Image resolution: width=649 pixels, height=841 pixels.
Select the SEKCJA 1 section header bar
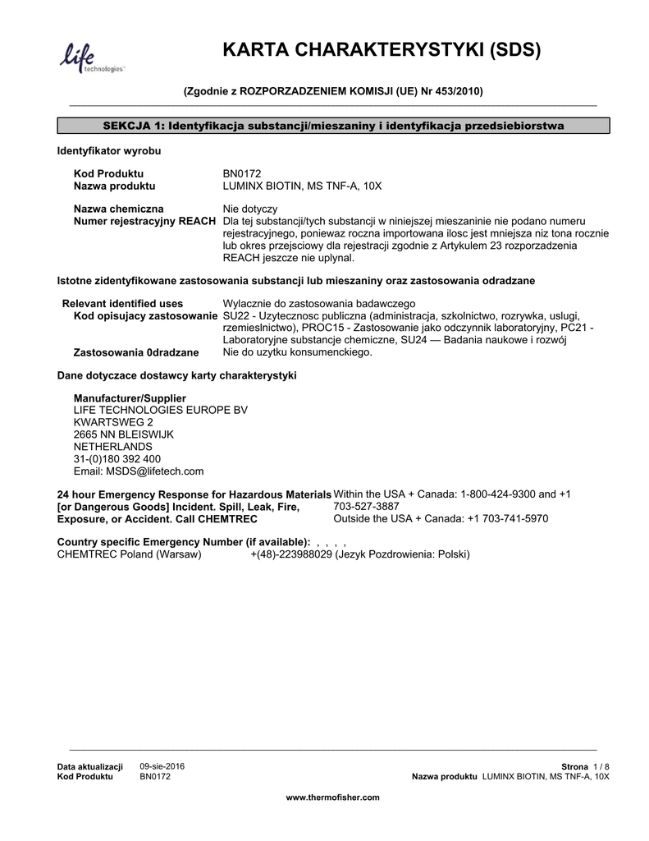pos(333,126)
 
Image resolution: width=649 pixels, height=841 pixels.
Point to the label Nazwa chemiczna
pos(118,209)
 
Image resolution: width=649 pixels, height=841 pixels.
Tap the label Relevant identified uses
pos(123,303)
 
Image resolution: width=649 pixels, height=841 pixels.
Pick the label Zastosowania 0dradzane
pos(136,352)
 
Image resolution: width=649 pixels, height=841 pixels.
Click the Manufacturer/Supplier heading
pos(124,398)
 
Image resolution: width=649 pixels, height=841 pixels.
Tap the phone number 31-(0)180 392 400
pos(117,459)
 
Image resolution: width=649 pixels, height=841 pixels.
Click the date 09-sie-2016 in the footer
pos(162,765)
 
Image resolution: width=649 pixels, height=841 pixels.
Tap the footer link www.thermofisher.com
pos(332,797)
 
